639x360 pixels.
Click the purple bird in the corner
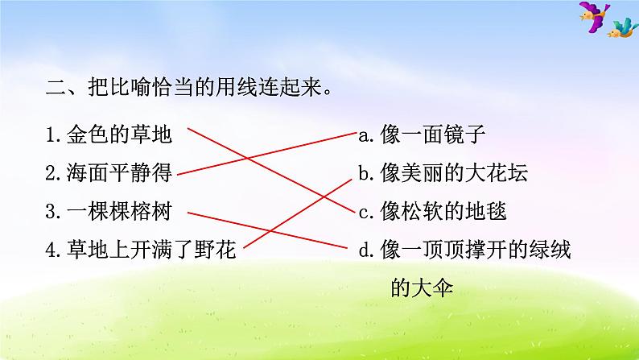click(592, 17)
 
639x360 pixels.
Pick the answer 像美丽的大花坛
click(454, 173)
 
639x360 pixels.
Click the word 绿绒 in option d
click(550, 251)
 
